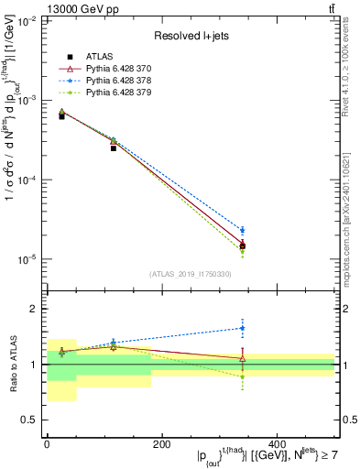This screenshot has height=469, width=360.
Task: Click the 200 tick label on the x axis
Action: [x=161, y=444]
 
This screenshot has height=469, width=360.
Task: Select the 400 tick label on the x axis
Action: [x=277, y=444]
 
